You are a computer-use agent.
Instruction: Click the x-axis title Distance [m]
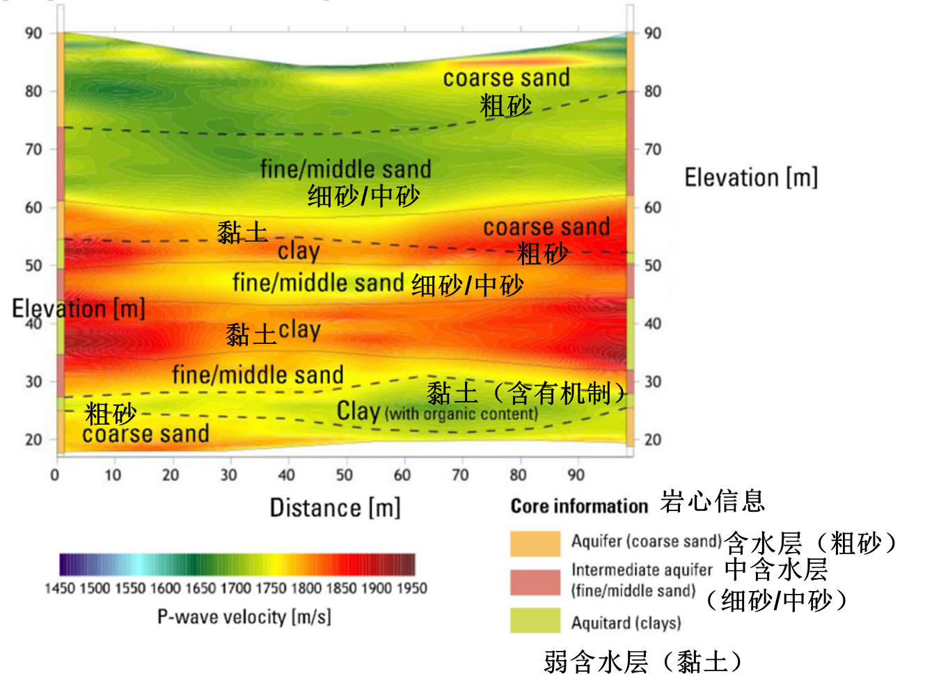(x=335, y=508)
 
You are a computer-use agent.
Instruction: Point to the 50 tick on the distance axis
(x=345, y=475)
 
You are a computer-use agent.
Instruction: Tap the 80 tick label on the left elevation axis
(x=33, y=91)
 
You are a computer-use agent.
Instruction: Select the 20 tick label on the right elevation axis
(x=652, y=440)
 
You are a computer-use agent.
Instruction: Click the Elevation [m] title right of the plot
(x=751, y=178)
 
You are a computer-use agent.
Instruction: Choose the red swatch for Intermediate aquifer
(x=535, y=582)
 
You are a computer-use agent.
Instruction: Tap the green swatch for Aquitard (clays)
(x=535, y=620)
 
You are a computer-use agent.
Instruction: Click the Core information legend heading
(x=579, y=506)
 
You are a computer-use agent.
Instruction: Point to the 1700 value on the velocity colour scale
(x=235, y=588)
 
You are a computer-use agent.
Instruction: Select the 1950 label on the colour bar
(x=411, y=588)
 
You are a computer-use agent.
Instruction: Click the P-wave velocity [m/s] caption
(x=244, y=617)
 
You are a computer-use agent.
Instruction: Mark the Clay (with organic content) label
(x=437, y=412)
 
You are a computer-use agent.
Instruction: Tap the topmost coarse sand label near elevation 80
(x=506, y=78)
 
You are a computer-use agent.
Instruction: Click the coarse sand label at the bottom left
(x=145, y=434)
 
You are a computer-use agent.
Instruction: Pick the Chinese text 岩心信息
(x=712, y=501)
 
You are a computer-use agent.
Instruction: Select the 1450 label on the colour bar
(x=60, y=588)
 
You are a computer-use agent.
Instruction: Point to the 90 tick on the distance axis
(x=576, y=475)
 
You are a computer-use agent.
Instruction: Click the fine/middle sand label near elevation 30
(x=258, y=375)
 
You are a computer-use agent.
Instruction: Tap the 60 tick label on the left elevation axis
(x=33, y=207)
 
